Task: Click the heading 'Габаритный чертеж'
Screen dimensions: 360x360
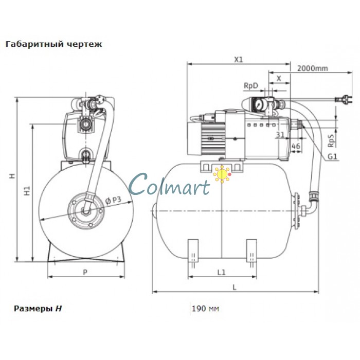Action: coord(53,44)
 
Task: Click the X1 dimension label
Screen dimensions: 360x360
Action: coord(238,60)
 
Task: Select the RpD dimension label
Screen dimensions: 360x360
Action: coord(250,86)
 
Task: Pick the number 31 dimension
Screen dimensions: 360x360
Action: coord(280,135)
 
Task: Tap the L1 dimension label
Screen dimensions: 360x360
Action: coord(222,272)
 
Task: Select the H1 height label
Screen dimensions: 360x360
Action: coord(29,191)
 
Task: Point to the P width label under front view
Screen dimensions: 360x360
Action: coord(85,272)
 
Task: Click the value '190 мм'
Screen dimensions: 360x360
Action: coord(205,309)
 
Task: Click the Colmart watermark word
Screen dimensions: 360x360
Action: coord(170,184)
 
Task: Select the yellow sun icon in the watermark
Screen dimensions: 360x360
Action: coord(222,174)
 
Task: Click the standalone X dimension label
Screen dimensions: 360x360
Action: coord(279,78)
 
